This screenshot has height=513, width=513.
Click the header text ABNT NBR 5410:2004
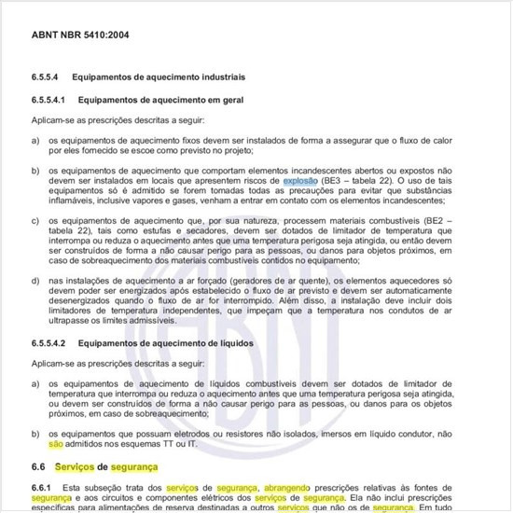coord(82,35)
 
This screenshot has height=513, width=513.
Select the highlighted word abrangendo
coord(290,488)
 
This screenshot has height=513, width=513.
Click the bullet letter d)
coord(35,279)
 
